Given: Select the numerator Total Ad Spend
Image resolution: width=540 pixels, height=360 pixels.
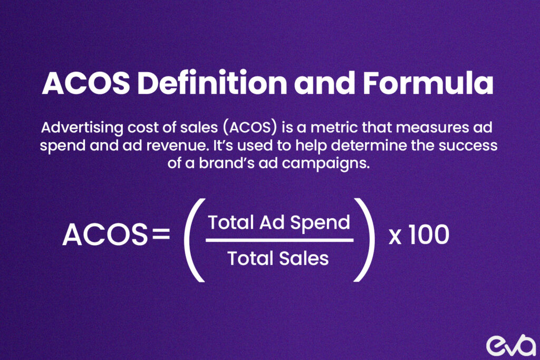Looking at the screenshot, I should point(279,222).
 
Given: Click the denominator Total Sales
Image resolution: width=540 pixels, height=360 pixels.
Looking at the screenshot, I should point(278,258).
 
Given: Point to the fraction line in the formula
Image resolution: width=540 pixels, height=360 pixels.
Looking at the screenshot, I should point(279,240).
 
